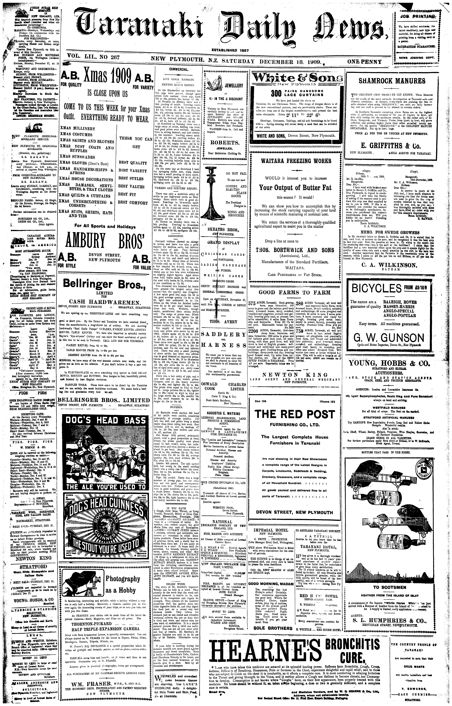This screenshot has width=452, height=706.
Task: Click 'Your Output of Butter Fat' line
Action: tap(295, 187)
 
